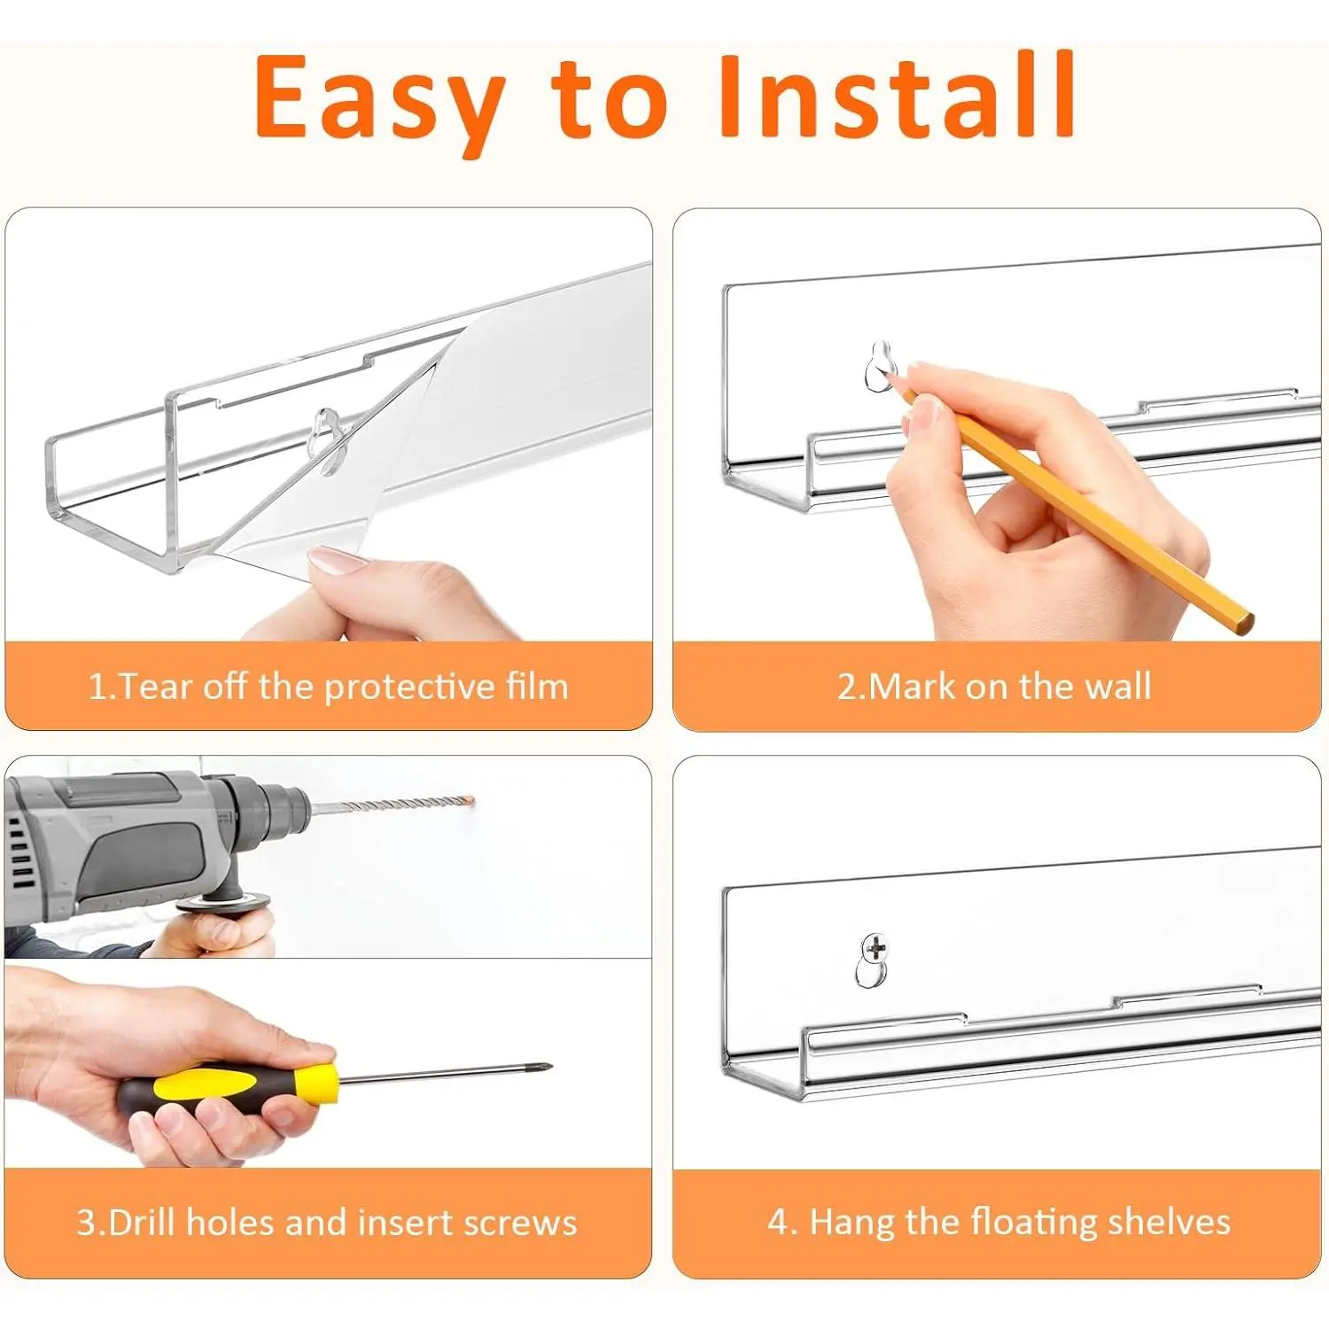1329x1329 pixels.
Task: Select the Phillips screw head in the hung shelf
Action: (875, 950)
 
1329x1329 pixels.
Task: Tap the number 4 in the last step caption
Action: (778, 1223)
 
